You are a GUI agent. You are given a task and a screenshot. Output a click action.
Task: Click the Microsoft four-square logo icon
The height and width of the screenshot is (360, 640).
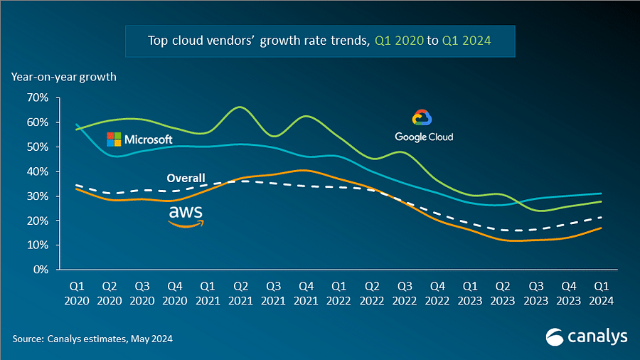[x=114, y=139]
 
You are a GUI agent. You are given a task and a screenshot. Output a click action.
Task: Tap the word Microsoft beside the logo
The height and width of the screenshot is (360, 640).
[x=148, y=139]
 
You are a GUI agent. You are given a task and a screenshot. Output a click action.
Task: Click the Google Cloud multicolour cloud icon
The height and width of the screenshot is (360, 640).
[x=422, y=119]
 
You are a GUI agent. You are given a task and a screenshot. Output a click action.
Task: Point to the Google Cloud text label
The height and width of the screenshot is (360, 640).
[x=424, y=137]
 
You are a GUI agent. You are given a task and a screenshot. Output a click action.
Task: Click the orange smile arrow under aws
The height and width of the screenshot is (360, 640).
[x=186, y=223]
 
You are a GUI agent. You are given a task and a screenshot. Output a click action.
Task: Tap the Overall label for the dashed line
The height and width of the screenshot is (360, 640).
[x=186, y=178]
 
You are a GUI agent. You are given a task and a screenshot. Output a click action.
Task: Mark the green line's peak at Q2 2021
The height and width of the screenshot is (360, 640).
[x=240, y=107]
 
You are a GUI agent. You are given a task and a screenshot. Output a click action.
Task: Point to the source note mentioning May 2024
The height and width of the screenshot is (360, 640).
[x=92, y=339]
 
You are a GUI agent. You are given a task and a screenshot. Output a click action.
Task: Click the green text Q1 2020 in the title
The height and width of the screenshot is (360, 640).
[x=398, y=41]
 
